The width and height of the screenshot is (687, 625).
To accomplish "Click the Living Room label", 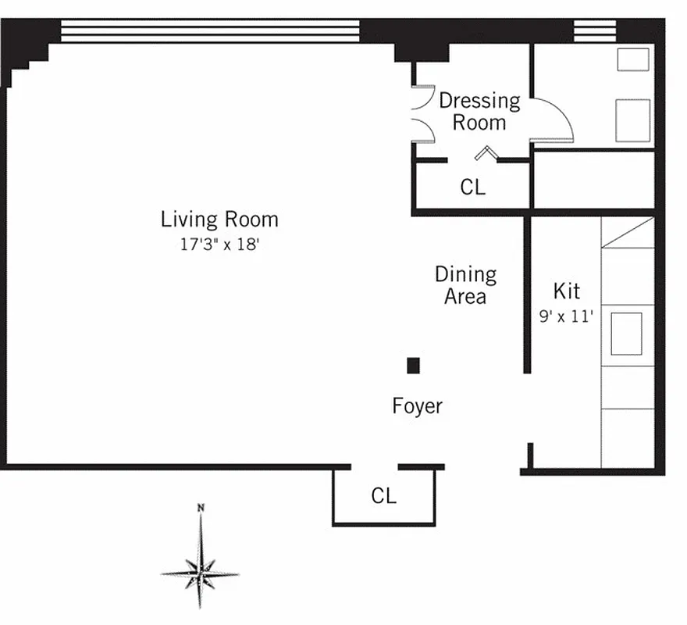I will [219, 220].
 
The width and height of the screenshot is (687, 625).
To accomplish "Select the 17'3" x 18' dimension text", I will [219, 244].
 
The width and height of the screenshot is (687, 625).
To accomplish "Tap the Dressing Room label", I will [479, 111].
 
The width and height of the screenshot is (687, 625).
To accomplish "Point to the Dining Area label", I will [465, 285].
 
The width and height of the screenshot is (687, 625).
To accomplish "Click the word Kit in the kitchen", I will [566, 291].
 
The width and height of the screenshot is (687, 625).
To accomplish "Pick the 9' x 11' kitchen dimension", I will [566, 316].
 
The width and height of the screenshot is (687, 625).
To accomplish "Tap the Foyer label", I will [417, 406].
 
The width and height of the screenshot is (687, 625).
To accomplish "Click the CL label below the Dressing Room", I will [472, 187].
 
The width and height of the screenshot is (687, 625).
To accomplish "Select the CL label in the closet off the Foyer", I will [383, 496].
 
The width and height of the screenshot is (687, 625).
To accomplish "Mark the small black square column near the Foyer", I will [413, 365].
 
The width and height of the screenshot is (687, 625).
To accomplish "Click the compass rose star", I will [201, 572].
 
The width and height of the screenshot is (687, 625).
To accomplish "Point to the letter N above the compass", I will [201, 509].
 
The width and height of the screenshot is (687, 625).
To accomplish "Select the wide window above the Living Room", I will [210, 30].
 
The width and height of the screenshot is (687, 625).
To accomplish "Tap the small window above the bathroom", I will [595, 30].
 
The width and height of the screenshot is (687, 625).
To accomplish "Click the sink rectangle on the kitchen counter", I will [626, 333].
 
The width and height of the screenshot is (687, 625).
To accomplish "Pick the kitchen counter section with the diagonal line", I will [628, 232].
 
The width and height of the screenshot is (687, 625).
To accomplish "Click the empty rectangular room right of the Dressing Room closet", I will [593, 180].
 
